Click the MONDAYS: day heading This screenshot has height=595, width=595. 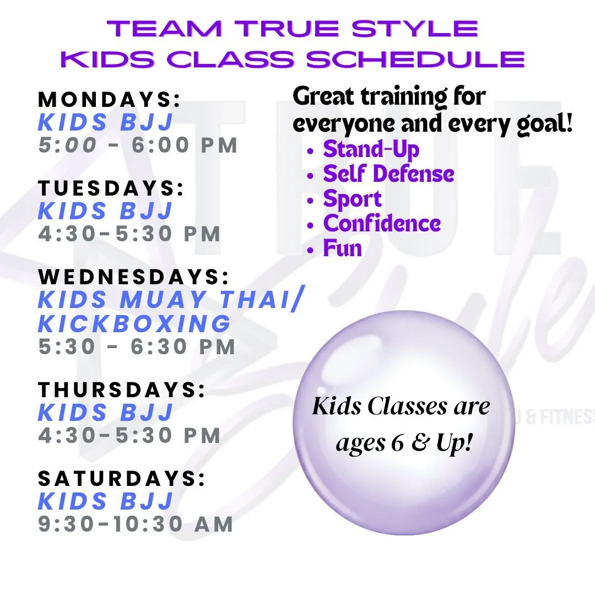click(x=109, y=100)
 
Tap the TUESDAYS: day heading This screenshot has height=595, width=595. click(x=111, y=188)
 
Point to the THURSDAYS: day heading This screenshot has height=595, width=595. click(x=121, y=390)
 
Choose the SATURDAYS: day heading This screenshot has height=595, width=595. click(x=121, y=479)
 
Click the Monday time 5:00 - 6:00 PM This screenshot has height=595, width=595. click(x=138, y=145)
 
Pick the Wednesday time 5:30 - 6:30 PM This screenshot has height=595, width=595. click(x=137, y=347)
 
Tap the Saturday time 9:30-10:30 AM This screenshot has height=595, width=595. click(x=136, y=524)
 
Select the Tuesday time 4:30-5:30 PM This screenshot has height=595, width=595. click(x=129, y=234)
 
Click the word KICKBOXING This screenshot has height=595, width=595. click(x=134, y=323)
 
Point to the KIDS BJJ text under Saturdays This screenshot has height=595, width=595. click(x=106, y=501)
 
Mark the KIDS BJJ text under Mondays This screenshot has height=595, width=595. click(x=106, y=122)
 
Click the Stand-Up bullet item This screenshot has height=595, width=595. click(x=371, y=149)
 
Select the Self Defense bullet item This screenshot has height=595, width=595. click(x=388, y=174)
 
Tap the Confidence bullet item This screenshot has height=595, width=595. click(x=382, y=224)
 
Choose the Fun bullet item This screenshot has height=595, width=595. click(x=342, y=248)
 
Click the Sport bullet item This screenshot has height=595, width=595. click(x=352, y=199)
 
